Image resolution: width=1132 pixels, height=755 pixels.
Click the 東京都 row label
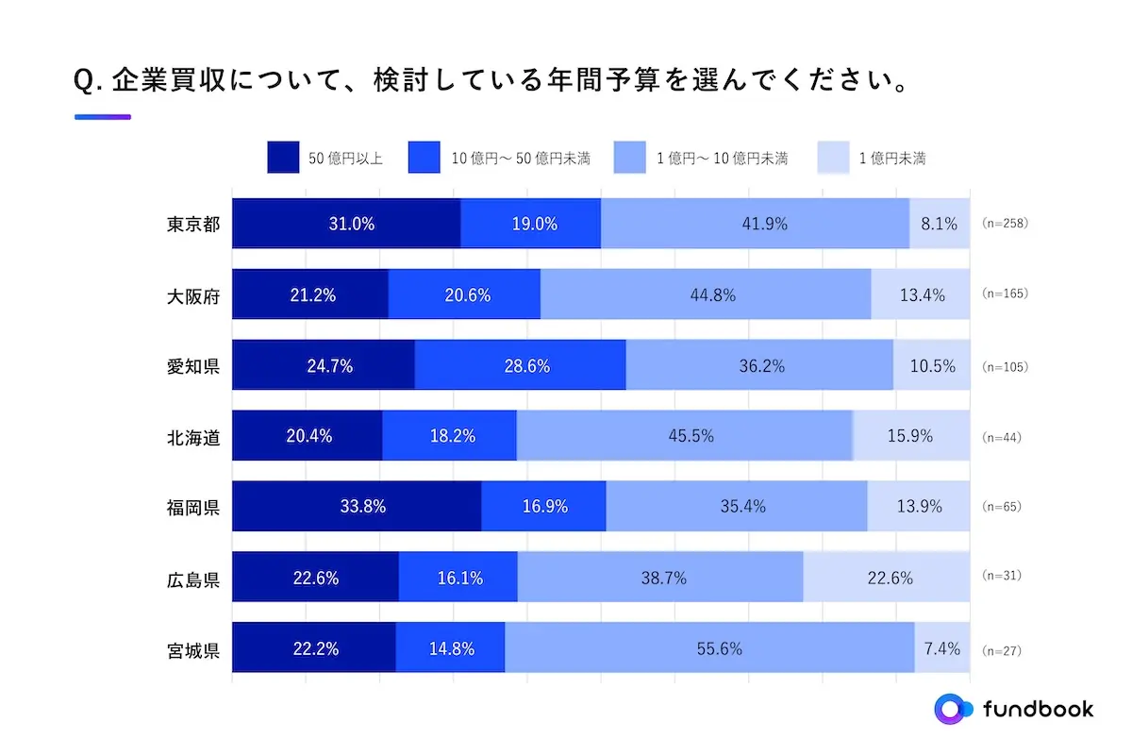click(x=193, y=225)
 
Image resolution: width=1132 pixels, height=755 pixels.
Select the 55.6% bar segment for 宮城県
click(x=709, y=648)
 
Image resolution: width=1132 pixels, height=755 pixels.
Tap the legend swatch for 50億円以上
click(x=283, y=158)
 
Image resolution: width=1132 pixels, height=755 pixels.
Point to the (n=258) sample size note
click(x=1004, y=224)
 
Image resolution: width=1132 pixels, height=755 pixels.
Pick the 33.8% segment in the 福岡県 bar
click(x=357, y=507)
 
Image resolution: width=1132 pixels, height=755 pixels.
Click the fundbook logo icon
click(x=952, y=709)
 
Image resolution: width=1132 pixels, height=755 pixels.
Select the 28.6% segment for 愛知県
click(x=520, y=366)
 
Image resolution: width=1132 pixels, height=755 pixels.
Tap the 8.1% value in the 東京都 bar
click(x=940, y=225)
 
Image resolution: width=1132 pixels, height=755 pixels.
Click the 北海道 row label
click(x=193, y=437)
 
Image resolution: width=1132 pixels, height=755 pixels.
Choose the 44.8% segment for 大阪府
click(x=706, y=294)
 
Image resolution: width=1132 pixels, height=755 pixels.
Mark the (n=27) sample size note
click(x=1001, y=650)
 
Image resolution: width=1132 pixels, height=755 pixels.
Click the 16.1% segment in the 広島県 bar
click(x=458, y=578)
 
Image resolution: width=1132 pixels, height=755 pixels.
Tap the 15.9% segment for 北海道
click(x=911, y=436)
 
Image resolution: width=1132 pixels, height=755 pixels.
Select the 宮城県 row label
click(x=193, y=649)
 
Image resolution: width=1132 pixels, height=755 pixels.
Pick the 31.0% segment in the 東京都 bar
click(x=346, y=225)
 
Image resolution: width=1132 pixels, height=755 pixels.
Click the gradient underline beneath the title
click(x=103, y=117)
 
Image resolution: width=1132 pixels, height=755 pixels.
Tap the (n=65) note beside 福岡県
click(x=1001, y=507)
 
